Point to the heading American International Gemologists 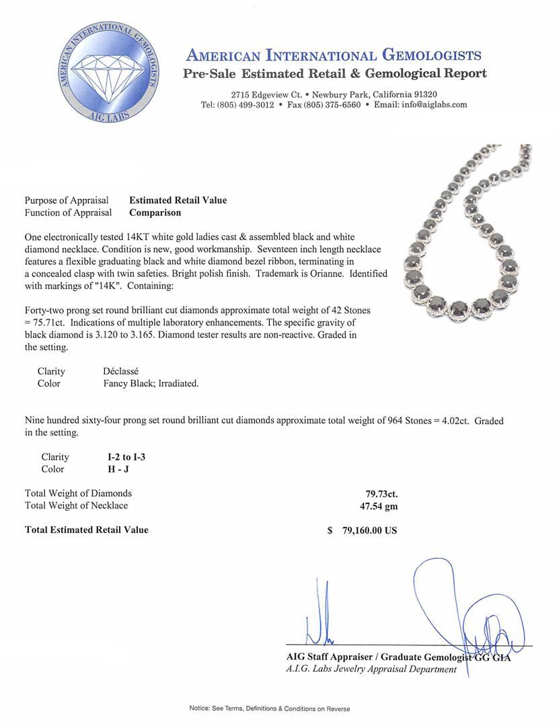333,55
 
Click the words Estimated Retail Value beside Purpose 178,200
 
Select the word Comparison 155,212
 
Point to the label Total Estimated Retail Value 87,530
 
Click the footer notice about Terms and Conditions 269,709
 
